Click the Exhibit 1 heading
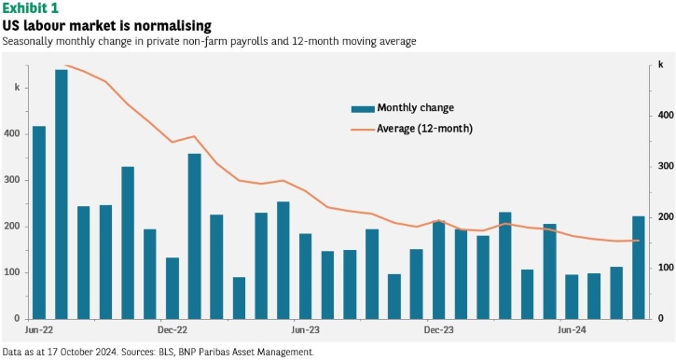click(30, 7)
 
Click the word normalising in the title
click(172, 26)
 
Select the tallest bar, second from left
click(62, 194)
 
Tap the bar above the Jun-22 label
click(39, 223)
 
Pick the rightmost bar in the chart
click(639, 268)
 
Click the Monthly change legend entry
click(403, 108)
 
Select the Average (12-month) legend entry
click(412, 129)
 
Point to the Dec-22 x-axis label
click(172, 330)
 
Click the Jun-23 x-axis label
click(305, 330)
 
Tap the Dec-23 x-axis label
click(439, 330)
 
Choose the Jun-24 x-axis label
click(573, 330)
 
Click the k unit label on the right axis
click(660, 64)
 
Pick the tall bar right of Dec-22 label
click(195, 236)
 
